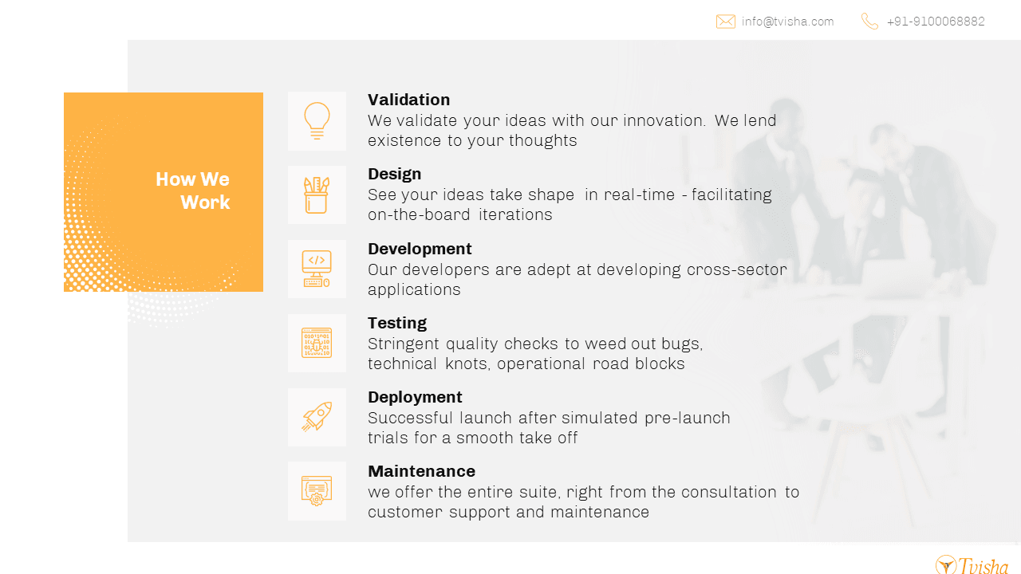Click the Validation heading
tap(409, 100)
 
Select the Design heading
tap(394, 174)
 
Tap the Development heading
tap(420, 249)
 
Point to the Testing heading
tap(397, 323)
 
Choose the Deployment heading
tap(415, 397)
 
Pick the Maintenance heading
tap(422, 471)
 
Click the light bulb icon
tap(317, 120)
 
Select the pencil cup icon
tap(317, 195)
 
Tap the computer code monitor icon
tap(317, 269)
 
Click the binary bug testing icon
tap(317, 343)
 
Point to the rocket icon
tap(317, 416)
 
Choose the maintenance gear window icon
tap(317, 491)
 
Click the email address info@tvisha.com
tap(787, 22)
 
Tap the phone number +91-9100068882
tap(936, 22)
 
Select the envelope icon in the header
tap(726, 22)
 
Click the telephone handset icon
tap(869, 22)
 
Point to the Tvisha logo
tap(972, 565)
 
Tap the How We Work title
tap(193, 191)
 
